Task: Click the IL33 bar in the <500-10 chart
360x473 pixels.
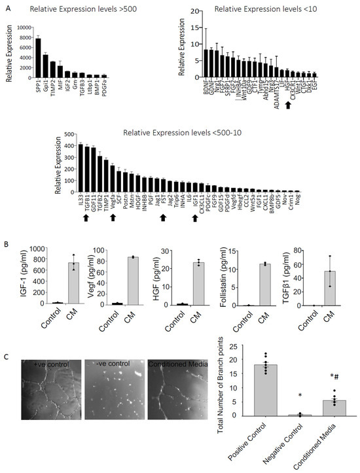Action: pyautogui.click(x=81, y=167)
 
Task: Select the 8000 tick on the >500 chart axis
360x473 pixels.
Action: pyautogui.click(x=24, y=39)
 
